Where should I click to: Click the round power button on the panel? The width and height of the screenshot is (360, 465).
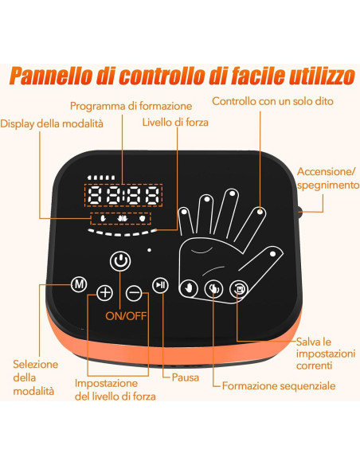tap(119, 260)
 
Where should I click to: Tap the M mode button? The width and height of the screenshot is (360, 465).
tap(78, 283)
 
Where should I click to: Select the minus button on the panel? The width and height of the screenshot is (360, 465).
tap(134, 292)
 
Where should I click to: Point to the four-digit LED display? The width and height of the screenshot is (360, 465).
tap(124, 196)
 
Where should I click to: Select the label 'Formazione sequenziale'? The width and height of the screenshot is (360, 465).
tap(279, 385)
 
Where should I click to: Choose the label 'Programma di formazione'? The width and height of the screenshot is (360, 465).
tap(131, 105)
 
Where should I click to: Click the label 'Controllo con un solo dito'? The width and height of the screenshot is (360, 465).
tap(272, 101)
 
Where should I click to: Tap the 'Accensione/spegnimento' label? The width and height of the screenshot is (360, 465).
tap(325, 178)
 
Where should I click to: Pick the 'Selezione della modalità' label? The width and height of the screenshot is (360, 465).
tap(35, 377)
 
